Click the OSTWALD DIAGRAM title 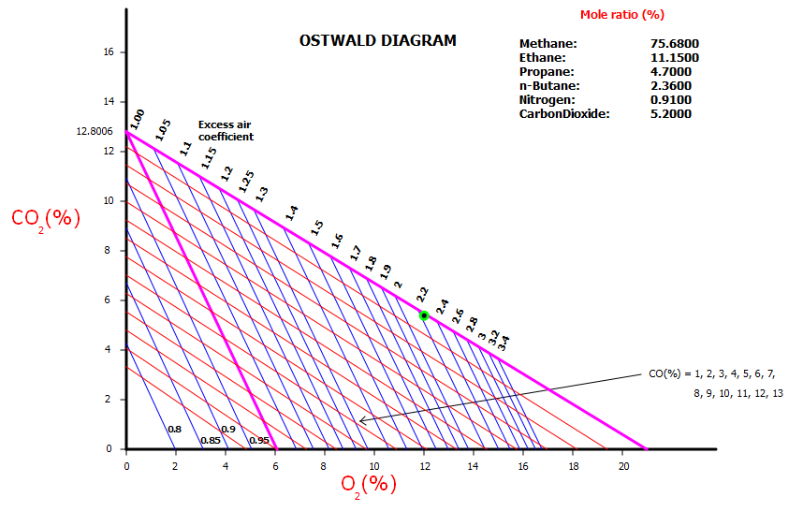377,40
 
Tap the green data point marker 424,315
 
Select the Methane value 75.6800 674,44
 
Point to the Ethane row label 543,58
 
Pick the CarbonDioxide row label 563,114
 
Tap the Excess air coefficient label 226,130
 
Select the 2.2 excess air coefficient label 422,293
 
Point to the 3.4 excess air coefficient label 504,343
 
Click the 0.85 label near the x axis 211,440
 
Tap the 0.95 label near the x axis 259,440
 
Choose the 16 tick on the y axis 109,52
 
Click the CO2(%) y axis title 45,218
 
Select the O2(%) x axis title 368,484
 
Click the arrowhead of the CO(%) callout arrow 360,421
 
